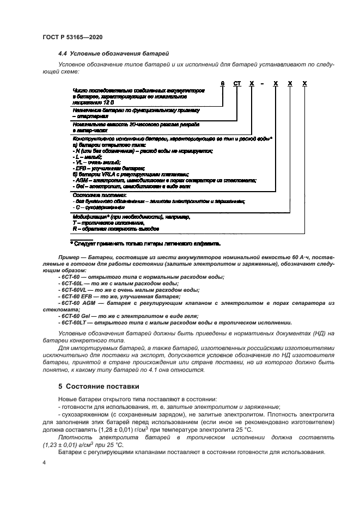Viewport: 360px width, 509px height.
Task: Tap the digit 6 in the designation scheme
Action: [x=222, y=83]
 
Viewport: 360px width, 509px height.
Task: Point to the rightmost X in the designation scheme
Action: [x=304, y=83]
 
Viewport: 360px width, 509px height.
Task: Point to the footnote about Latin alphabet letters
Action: [x=147, y=243]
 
